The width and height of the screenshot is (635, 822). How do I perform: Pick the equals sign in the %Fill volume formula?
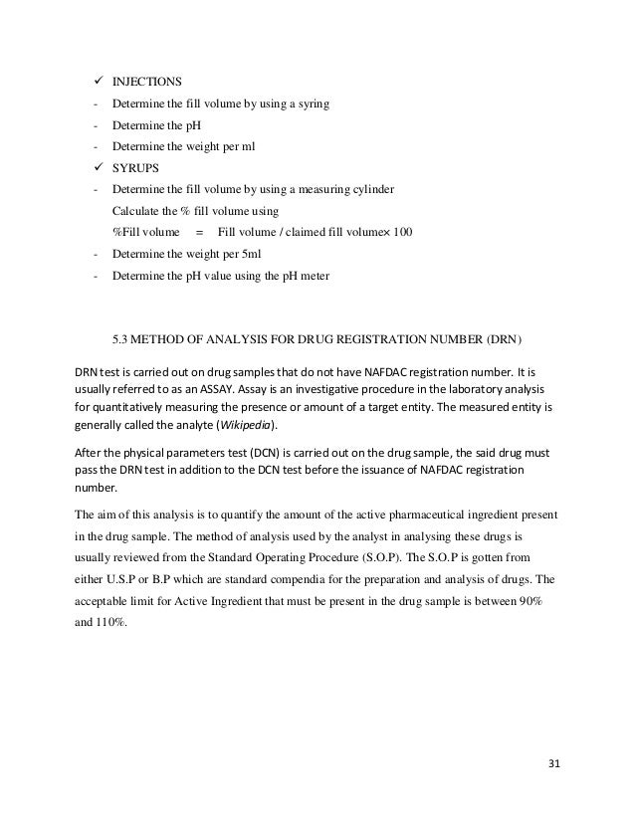tap(199, 232)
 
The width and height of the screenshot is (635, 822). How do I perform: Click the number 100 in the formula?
tap(403, 232)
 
